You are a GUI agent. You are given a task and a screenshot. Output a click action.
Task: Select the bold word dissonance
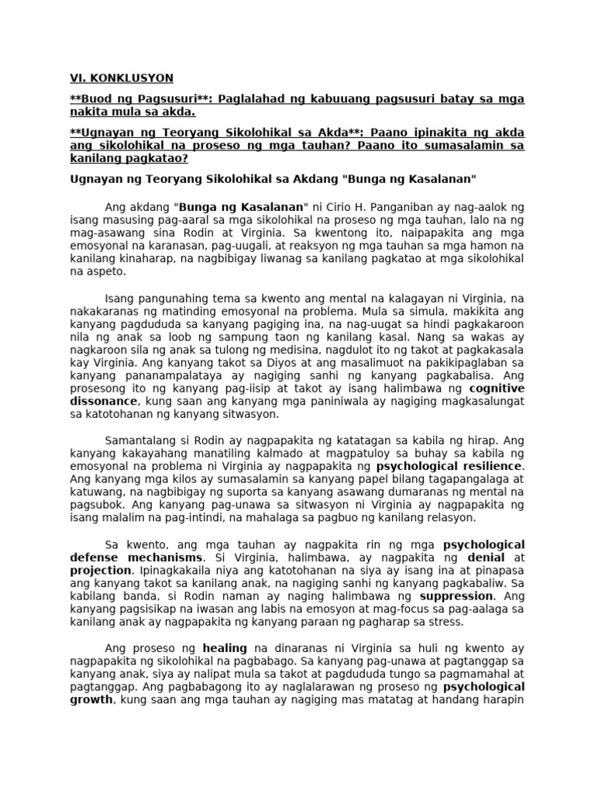tap(103, 401)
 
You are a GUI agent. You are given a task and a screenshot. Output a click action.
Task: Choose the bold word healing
tap(225, 647)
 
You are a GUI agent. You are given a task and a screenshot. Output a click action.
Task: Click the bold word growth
tap(91, 699)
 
